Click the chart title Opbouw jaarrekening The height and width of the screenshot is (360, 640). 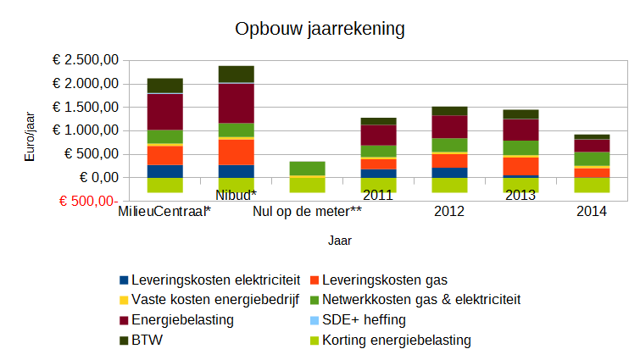pos(320,29)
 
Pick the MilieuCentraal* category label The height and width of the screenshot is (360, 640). pos(164,210)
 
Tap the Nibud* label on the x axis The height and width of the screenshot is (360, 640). pos(236,196)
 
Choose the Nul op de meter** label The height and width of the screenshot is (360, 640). pos(307,210)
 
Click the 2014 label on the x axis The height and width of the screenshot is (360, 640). pos(591,210)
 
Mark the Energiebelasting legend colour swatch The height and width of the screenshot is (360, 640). pos(124,320)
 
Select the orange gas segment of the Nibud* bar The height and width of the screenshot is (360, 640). pos(237,152)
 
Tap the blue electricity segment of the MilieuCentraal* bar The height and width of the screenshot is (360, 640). pos(165,171)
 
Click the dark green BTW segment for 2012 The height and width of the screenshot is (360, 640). pos(449,111)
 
